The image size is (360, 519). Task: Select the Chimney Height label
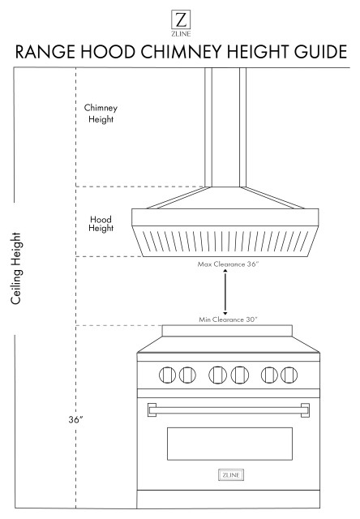point(99,113)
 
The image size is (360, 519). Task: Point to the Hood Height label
point(101,223)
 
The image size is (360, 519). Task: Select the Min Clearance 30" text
point(228,320)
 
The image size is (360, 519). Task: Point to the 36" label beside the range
point(78,422)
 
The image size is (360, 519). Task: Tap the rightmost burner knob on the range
point(289,375)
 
